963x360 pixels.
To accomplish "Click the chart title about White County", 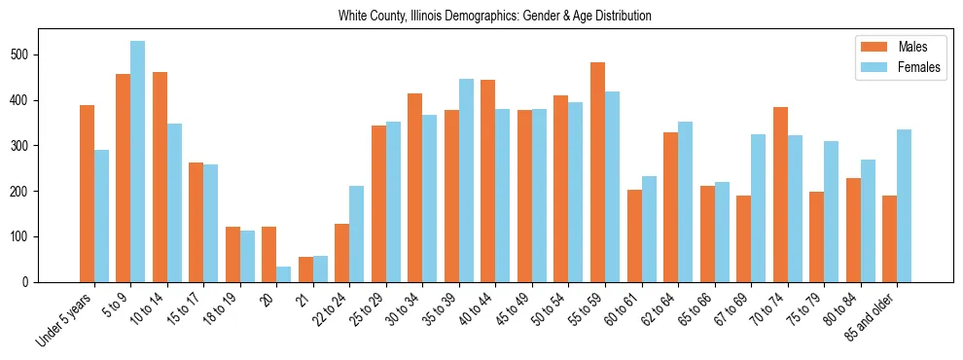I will coord(494,17).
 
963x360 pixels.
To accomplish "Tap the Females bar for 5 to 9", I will coord(138,162).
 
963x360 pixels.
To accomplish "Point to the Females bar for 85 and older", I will coord(905,206).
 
